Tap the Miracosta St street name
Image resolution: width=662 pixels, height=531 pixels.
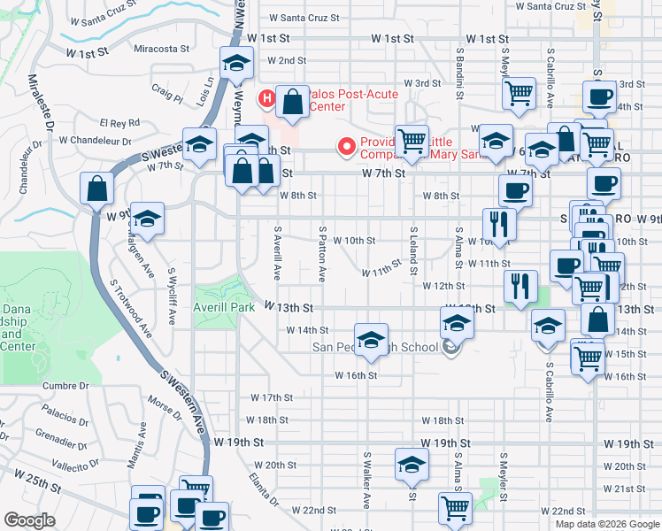(162, 50)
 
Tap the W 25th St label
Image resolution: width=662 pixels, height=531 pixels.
(38, 488)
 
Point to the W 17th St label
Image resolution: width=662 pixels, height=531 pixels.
(272, 397)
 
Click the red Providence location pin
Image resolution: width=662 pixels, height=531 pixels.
(347, 146)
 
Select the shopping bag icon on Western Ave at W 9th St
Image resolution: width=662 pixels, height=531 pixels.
(96, 189)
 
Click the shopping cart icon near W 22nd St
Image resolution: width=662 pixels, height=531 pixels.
(455, 508)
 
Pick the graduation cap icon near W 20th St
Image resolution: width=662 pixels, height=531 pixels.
(410, 465)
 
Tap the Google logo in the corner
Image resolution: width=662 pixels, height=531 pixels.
(29, 520)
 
